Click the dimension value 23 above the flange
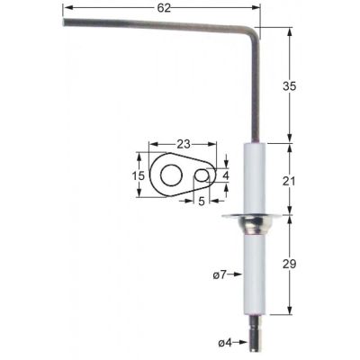[183, 142]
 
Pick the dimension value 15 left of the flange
[139, 176]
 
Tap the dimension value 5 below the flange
[202, 202]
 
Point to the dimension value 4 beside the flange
[226, 175]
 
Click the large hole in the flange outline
[169, 176]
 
